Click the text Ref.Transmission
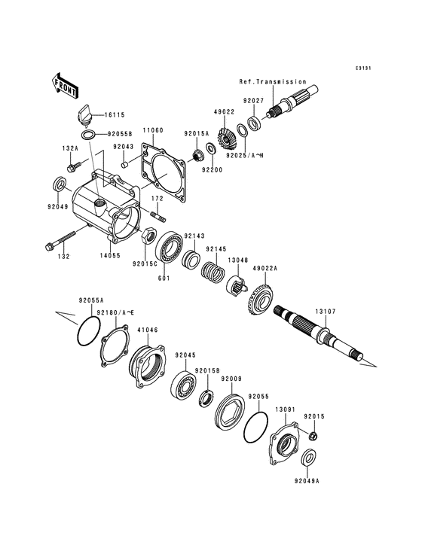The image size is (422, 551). point(273,81)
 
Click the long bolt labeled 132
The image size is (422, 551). point(61,242)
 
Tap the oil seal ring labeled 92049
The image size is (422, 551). point(59,184)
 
